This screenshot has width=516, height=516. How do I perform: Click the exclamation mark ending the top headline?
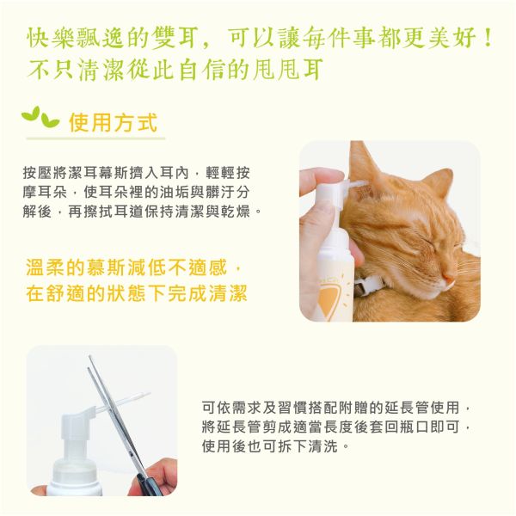click(x=488, y=39)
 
